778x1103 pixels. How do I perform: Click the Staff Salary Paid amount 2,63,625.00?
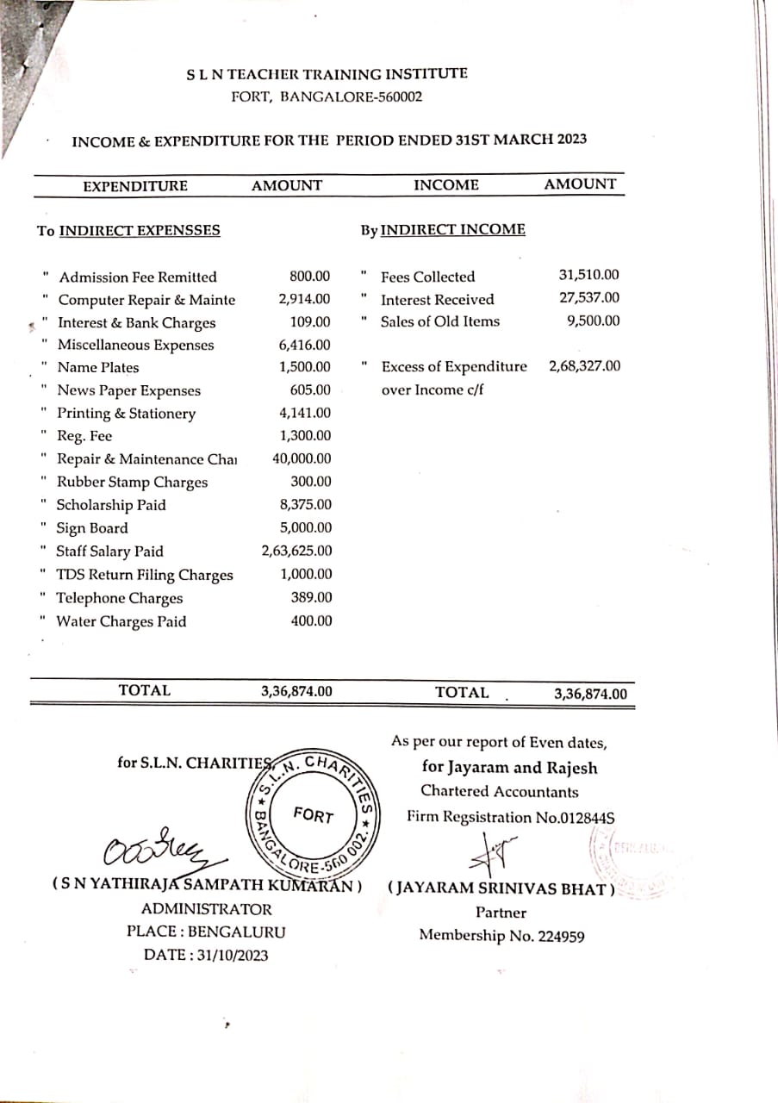coord(296,551)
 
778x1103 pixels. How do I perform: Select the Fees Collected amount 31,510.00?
coord(588,276)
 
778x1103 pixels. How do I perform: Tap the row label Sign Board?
coord(92,528)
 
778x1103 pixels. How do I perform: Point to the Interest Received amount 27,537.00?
coord(588,298)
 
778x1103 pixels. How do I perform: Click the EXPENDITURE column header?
coord(135,186)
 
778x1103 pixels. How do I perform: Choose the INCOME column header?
coord(446,184)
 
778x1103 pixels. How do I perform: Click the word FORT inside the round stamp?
coord(313,814)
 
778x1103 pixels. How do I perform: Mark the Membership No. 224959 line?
coord(501,935)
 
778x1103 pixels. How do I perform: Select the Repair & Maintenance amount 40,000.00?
coord(302,459)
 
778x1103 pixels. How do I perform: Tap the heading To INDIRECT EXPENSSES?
coord(128,231)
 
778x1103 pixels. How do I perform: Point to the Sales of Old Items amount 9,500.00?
coord(594,321)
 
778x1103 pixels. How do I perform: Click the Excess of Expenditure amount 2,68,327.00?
coord(584,366)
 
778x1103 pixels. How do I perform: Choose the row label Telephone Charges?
coord(120,598)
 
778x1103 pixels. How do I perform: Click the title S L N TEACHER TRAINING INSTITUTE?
coord(327,75)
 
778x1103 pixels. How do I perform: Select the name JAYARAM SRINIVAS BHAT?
coord(501,889)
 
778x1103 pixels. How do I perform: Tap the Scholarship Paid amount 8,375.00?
coord(306,505)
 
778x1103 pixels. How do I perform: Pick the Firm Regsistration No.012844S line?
coord(511,817)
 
